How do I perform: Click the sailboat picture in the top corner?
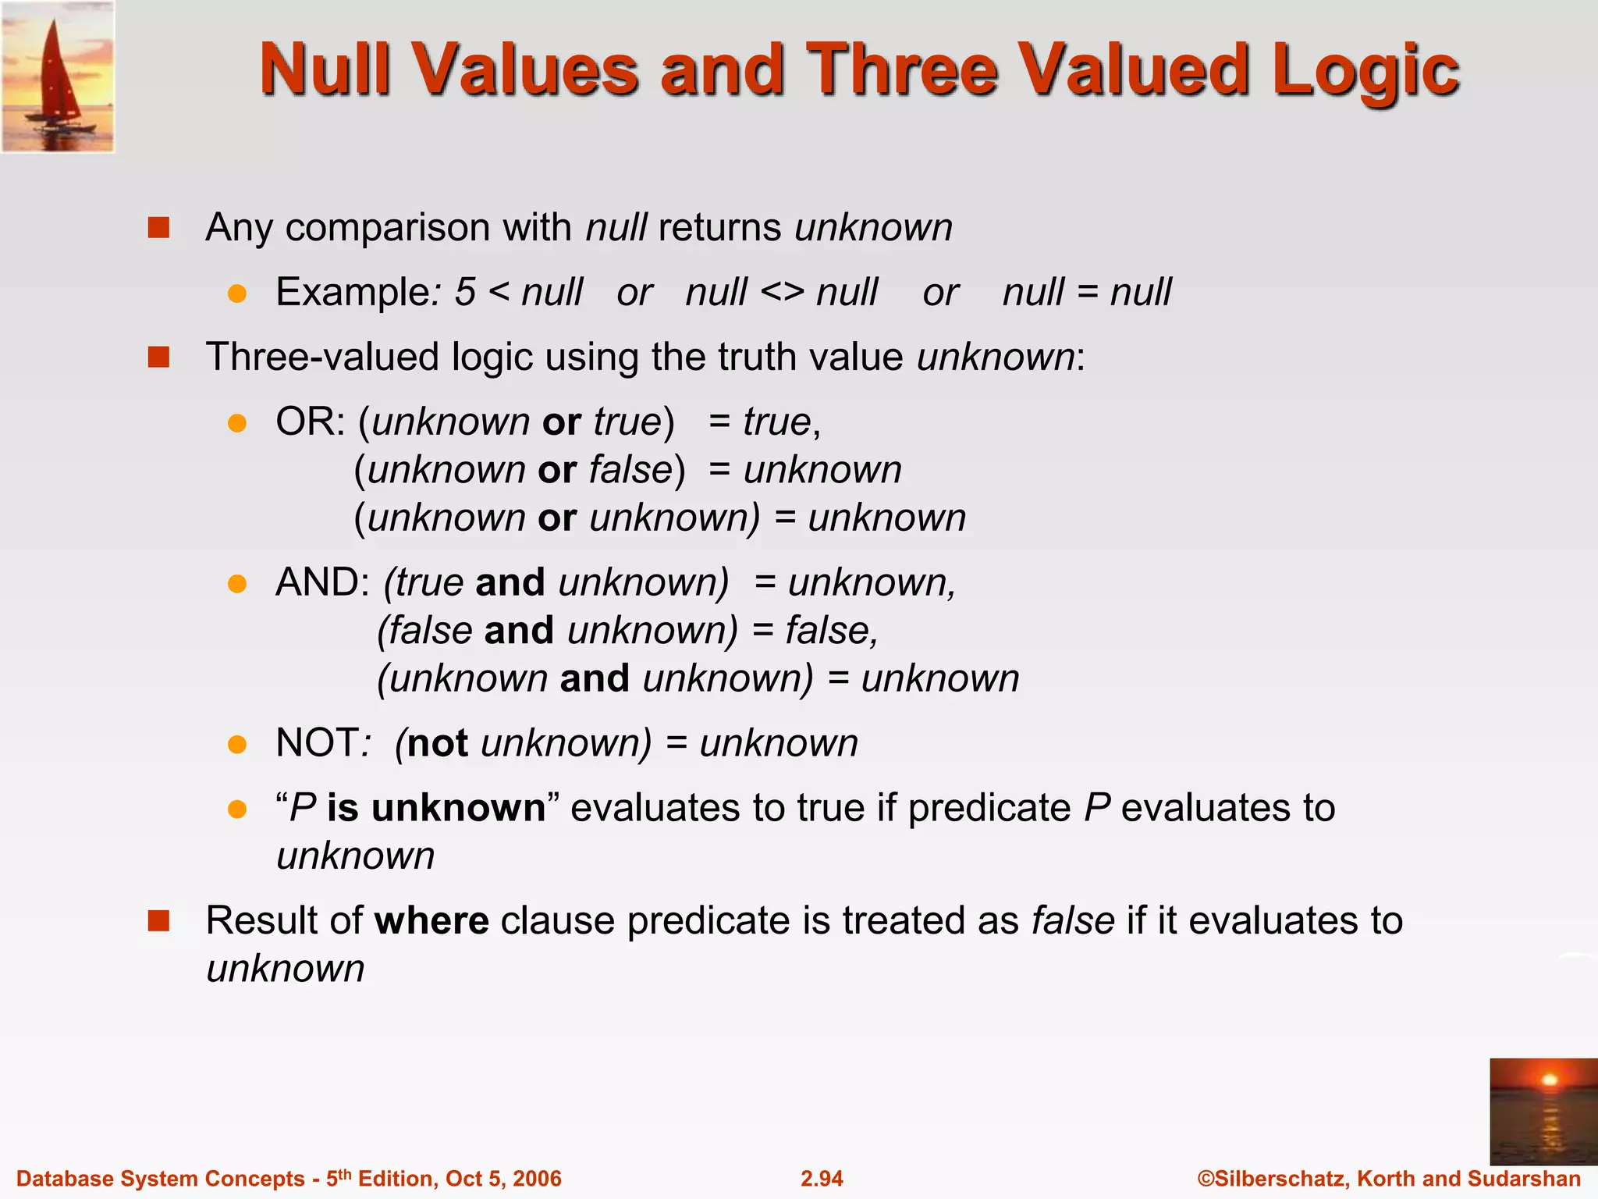[58, 76]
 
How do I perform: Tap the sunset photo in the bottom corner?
[1543, 1111]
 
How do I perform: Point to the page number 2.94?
[822, 1178]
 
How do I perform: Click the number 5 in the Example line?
[465, 293]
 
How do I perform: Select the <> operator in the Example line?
[782, 293]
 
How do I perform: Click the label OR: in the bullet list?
[310, 422]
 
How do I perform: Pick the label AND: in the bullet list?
[322, 583]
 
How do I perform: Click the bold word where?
[431, 920]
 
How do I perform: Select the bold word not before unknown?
[437, 743]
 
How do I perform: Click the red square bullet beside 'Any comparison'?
[159, 228]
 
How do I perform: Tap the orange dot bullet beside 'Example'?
[237, 294]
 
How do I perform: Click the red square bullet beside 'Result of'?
[159, 921]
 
